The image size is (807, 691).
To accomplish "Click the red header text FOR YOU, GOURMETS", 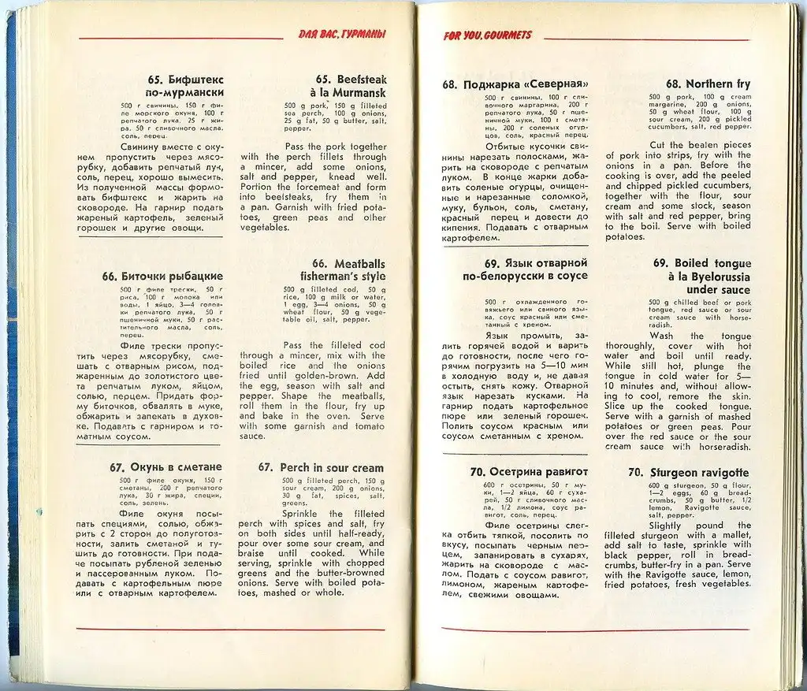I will click(487, 35).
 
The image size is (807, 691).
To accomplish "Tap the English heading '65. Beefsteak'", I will click(351, 80).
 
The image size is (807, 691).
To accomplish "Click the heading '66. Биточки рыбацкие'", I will click(162, 277).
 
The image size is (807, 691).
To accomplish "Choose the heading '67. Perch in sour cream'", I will click(322, 467).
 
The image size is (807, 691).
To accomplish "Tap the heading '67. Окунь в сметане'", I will click(166, 467).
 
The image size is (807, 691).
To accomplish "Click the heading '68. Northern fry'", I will click(708, 84).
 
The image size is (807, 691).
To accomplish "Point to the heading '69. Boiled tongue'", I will click(701, 263).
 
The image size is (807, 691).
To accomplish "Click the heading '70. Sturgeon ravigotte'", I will click(689, 473).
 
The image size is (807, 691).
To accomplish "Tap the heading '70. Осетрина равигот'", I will click(518, 472).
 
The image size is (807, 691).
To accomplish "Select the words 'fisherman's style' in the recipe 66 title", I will click(343, 277).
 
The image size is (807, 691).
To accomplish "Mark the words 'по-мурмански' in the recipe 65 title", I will click(185, 93).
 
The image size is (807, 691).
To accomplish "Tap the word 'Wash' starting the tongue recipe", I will click(661, 336).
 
